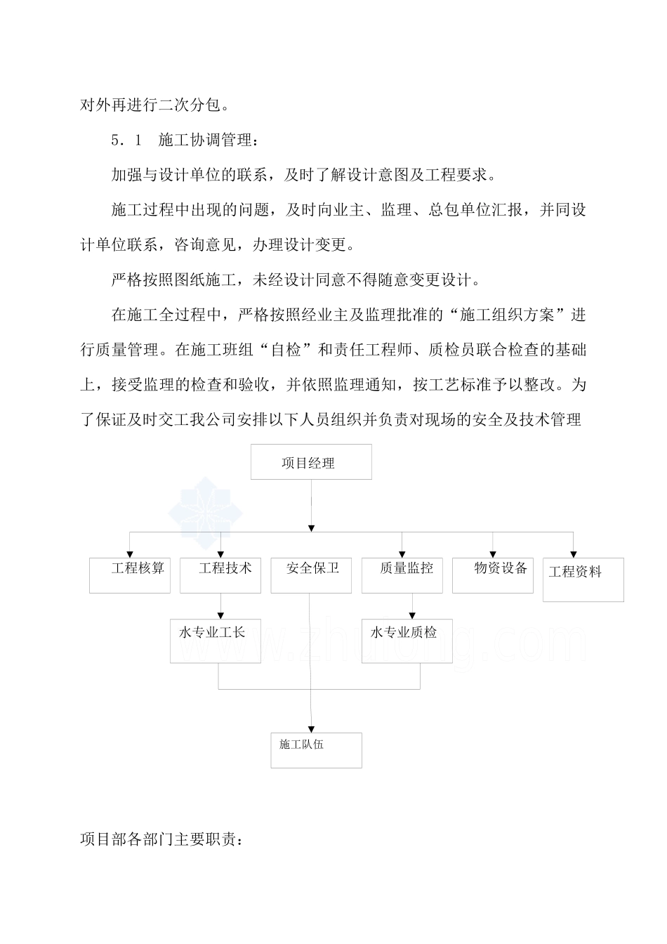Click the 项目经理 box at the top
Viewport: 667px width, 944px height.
(311, 462)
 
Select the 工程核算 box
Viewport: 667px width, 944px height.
(130, 575)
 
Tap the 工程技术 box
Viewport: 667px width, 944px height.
(220, 575)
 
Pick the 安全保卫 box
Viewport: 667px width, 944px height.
(311, 575)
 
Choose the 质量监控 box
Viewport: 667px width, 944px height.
(402, 575)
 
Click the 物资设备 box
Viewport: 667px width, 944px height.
(493, 575)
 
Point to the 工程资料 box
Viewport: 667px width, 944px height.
(583, 579)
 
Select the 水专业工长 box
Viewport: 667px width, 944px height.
(215, 640)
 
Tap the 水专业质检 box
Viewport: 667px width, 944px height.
(407, 640)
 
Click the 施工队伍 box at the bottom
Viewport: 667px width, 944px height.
(316, 750)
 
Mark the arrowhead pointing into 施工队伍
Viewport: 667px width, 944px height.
(312, 729)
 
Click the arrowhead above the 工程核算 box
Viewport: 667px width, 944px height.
(130, 554)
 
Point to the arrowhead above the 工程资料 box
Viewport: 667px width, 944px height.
(574, 554)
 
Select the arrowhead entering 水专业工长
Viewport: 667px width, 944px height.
(220, 615)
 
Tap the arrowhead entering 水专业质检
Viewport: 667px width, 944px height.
(412, 615)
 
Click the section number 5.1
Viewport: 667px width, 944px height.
(126, 140)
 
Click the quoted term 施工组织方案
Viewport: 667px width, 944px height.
(513, 315)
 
